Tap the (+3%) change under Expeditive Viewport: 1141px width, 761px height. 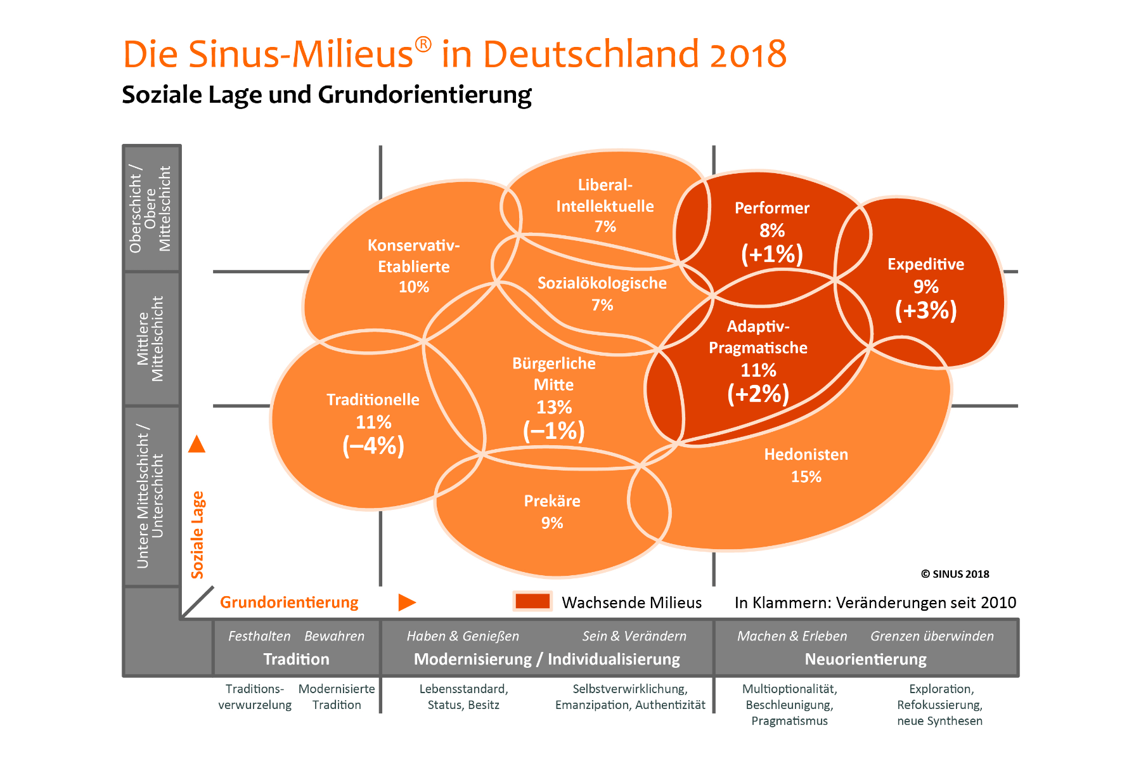pyautogui.click(x=925, y=311)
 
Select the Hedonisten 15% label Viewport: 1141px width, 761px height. pyautogui.click(x=806, y=465)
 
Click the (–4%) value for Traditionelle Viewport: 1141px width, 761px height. pyautogui.click(x=373, y=446)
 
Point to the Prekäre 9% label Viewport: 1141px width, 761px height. pyautogui.click(x=552, y=511)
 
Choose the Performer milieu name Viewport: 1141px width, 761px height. pyautogui.click(x=771, y=208)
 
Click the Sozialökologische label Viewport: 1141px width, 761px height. pyautogui.click(x=602, y=283)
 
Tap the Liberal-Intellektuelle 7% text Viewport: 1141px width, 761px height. pyautogui.click(x=605, y=205)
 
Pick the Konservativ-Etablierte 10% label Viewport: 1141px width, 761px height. pyautogui.click(x=413, y=266)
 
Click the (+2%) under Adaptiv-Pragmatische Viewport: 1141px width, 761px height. pyautogui.click(x=757, y=394)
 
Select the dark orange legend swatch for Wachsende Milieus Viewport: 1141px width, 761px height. pyautogui.click(x=532, y=601)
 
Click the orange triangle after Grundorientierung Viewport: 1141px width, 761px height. pyautogui.click(x=406, y=602)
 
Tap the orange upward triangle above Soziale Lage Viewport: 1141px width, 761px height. pyautogui.click(x=197, y=445)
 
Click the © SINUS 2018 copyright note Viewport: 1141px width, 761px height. pyautogui.click(x=955, y=574)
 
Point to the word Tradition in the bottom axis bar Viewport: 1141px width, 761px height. pyautogui.click(x=296, y=659)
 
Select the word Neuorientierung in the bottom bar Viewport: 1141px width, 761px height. pyautogui.click(x=865, y=659)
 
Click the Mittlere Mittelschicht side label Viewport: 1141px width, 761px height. pyautogui.click(x=150, y=339)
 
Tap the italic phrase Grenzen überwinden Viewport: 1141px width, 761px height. pyautogui.click(x=932, y=636)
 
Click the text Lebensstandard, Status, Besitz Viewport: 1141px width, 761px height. pyautogui.click(x=463, y=696)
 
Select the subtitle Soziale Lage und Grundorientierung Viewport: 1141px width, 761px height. pyautogui.click(x=326, y=95)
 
